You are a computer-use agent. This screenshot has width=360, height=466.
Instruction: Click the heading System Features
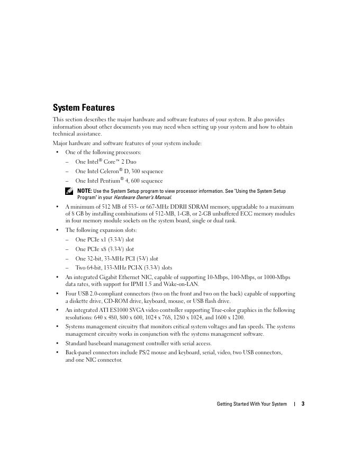(84, 107)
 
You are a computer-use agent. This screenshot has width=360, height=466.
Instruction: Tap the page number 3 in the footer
(303, 404)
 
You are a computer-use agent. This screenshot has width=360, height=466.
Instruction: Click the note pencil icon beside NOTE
(69, 191)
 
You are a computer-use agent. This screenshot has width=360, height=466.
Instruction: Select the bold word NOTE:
(85, 191)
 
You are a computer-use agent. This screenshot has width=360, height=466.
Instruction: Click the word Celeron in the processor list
(106, 172)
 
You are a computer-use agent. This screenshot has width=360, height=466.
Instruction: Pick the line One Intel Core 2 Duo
(106, 162)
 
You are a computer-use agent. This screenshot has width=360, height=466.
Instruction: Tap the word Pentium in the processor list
(107, 181)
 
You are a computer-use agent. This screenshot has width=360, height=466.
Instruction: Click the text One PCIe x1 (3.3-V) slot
(104, 240)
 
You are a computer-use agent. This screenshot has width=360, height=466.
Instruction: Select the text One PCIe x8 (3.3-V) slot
(104, 249)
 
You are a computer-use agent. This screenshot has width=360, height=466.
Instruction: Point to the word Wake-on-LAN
(182, 284)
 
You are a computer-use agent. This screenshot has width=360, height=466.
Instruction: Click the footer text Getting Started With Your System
(251, 404)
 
